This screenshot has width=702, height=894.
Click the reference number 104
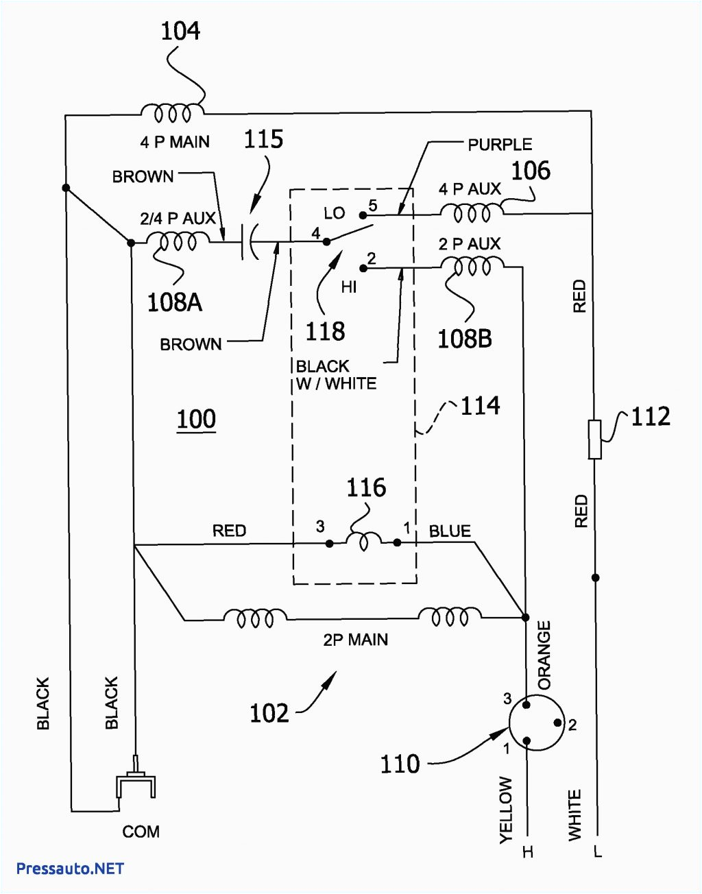pos(180,31)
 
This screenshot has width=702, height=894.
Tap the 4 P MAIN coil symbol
pos(171,112)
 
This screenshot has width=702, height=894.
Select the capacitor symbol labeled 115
pos(248,242)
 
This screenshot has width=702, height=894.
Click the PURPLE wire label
pos(500,145)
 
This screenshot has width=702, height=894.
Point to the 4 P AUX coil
pos(472,212)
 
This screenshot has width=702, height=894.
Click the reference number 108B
pos(464,338)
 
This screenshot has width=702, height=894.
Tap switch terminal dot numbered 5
pos(363,215)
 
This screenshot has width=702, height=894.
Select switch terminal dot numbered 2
pos(363,268)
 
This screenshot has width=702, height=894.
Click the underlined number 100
pos(196,419)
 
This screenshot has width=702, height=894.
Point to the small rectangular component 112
pos(595,439)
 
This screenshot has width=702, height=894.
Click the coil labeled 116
pos(363,542)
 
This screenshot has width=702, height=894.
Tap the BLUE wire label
pos(450,531)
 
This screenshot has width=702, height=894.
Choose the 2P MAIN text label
pos(355,640)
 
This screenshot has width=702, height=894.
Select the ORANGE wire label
pos(544,655)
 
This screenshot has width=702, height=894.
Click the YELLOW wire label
pos(505,809)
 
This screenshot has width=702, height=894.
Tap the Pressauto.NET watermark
pos(70,869)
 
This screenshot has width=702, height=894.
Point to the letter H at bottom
pos(527,852)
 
